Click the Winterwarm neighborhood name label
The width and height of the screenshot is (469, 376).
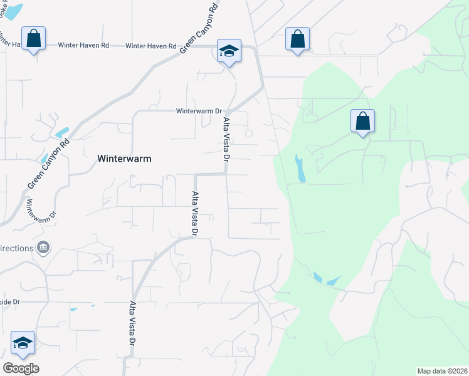point(124,159)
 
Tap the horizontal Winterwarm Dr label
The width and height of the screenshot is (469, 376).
point(199,112)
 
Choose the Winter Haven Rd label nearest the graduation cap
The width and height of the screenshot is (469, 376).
point(150,46)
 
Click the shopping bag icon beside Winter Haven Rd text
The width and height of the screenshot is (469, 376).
point(33,39)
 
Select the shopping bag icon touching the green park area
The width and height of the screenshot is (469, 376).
point(362,122)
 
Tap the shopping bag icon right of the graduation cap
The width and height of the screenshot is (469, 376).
point(297,39)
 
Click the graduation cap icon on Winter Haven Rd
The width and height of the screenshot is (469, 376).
point(229,51)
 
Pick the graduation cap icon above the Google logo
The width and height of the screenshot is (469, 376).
point(23,343)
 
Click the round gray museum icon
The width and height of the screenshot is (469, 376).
point(43,248)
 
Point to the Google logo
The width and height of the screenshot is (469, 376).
point(21,368)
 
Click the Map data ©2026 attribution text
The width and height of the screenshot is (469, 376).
point(442,370)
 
